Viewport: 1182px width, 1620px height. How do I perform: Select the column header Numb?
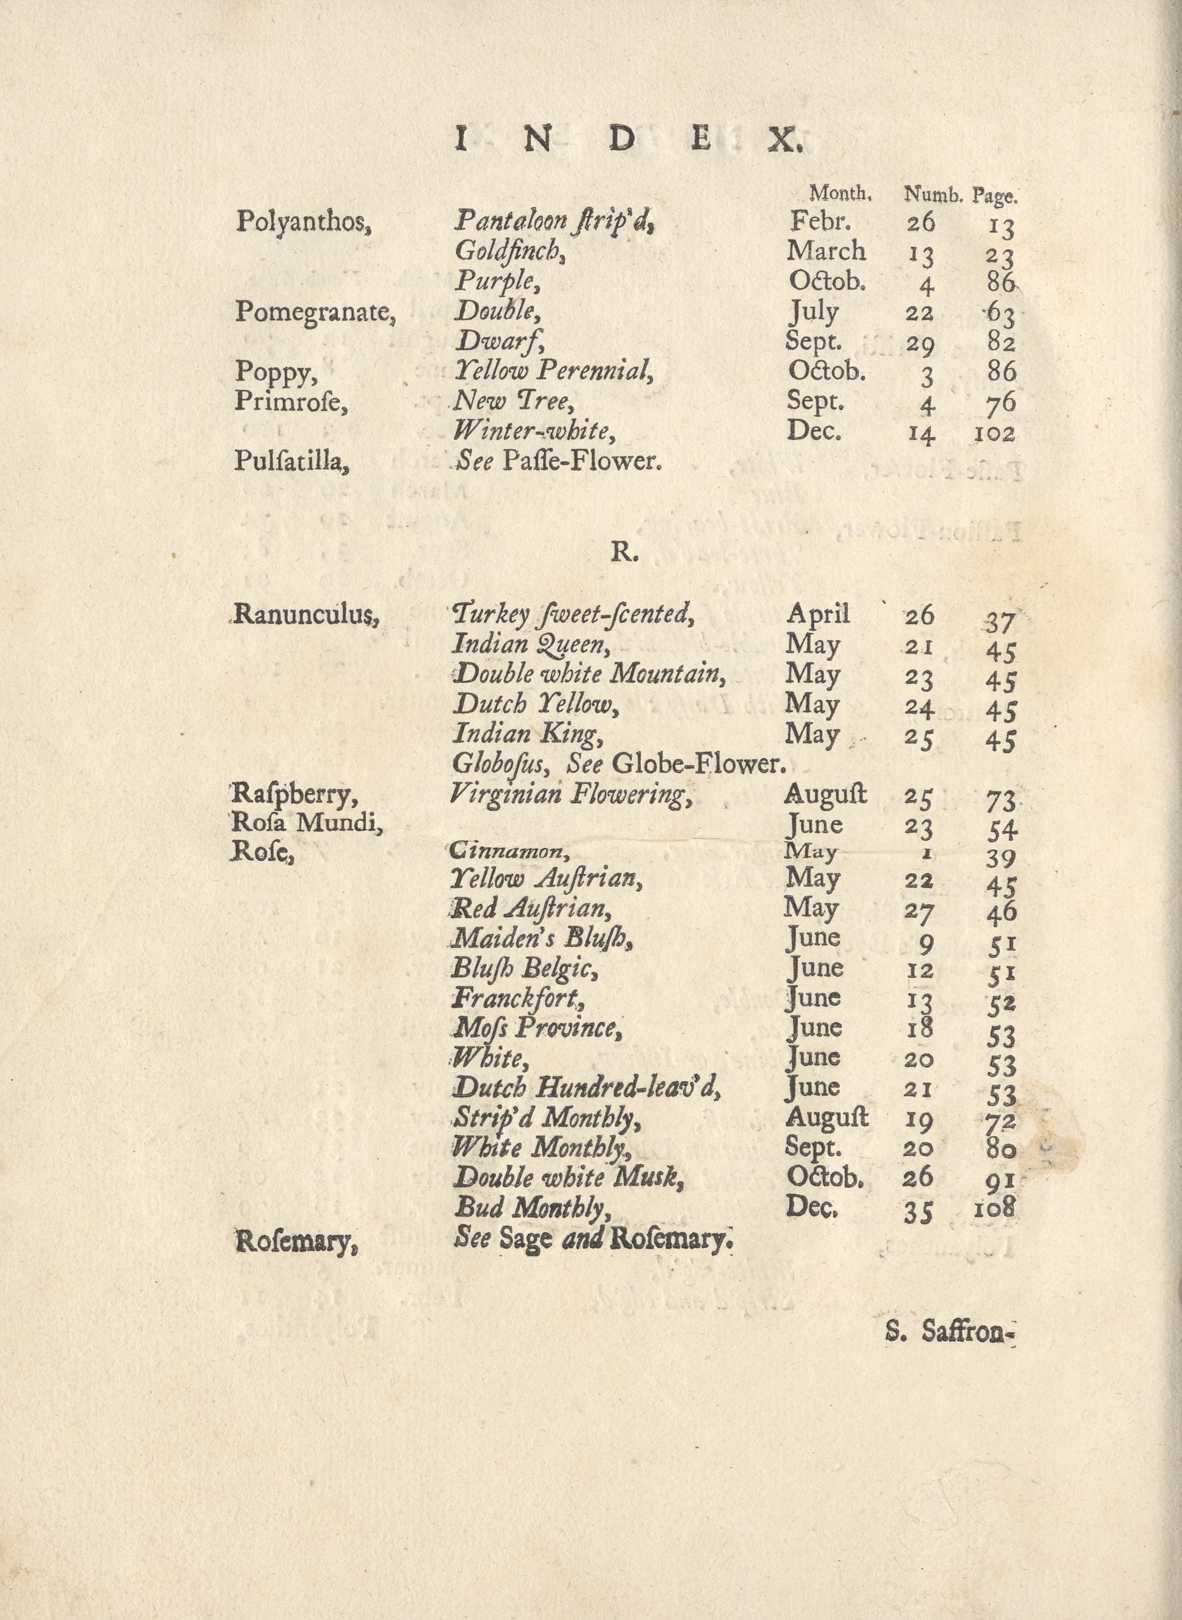pos(933,194)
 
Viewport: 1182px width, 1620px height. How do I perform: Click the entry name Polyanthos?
pos(303,222)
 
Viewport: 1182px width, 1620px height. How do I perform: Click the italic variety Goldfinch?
pos(510,251)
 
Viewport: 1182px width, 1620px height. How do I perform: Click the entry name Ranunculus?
pos(306,615)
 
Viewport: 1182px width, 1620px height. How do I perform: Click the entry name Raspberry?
pos(294,794)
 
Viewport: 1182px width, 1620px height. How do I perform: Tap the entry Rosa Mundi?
pos(308,824)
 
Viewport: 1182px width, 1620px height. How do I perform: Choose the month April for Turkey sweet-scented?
pos(818,614)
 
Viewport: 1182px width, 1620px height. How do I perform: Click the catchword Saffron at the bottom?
pos(969,1332)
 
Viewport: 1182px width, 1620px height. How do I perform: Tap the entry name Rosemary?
pos(296,1242)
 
